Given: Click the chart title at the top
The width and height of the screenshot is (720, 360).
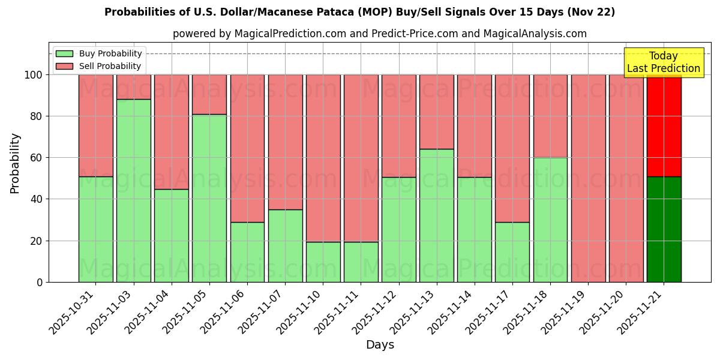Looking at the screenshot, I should (359, 12).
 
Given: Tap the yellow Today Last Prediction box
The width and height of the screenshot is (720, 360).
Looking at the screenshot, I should (663, 62).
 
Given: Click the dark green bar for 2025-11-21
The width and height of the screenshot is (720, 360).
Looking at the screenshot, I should (664, 229).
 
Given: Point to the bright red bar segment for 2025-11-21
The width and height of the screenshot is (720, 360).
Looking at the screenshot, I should (664, 125).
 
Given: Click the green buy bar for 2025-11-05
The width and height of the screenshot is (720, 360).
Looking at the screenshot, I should (209, 198).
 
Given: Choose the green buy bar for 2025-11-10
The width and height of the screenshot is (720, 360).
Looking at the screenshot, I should (323, 262).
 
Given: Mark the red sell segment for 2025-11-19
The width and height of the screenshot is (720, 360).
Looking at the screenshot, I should (588, 178).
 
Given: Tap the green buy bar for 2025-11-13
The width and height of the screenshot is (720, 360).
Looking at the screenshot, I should (436, 215).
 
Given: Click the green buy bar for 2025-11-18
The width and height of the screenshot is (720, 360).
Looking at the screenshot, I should (550, 220).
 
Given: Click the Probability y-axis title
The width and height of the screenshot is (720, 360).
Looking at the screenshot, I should (15, 163).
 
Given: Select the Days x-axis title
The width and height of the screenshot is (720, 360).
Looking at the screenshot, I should (380, 345).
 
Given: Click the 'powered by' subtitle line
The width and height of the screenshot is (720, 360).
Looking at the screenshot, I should (379, 34).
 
